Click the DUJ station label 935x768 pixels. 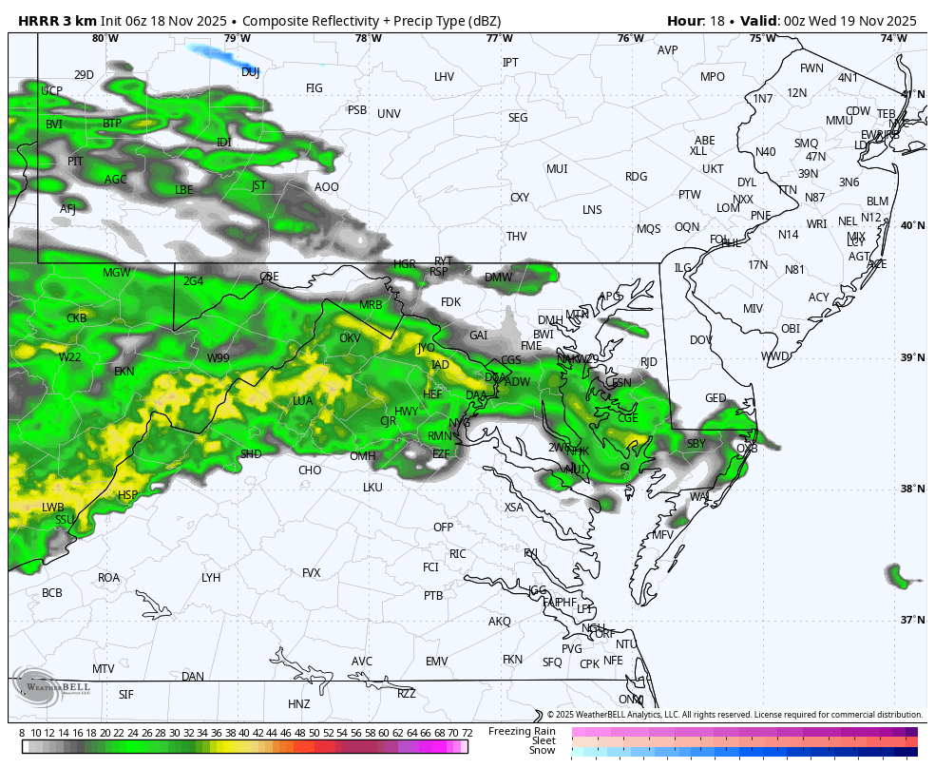[x=250, y=72]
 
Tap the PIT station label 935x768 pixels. [x=75, y=162]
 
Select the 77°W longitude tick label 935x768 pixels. [x=499, y=38]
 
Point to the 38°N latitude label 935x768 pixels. [x=912, y=489]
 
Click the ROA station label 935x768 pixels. [x=109, y=578]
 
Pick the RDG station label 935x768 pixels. [x=636, y=177]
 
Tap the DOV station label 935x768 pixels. [x=701, y=340]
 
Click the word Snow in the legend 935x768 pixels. [x=543, y=751]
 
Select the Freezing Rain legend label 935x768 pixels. [x=522, y=731]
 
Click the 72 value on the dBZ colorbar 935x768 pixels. [x=467, y=733]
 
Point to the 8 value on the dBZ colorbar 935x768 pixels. [x=22, y=733]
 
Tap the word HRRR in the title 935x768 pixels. [x=38, y=21]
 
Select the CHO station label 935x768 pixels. [x=310, y=470]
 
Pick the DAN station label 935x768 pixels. [x=193, y=677]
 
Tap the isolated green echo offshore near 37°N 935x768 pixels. [x=897, y=574]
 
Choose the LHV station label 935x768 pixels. [x=444, y=77]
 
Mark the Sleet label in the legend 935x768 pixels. [x=544, y=740]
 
